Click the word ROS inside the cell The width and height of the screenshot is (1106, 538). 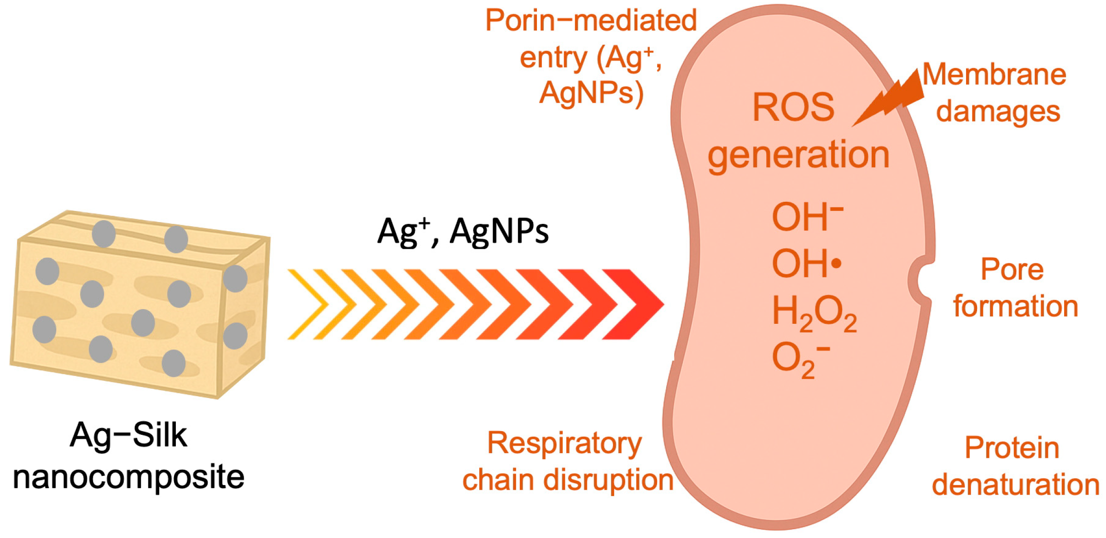click(793, 108)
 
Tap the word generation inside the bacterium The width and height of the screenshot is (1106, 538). click(798, 156)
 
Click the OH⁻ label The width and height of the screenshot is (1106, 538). click(807, 217)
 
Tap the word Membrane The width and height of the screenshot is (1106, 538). click(995, 75)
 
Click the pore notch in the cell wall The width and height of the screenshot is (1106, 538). click(921, 280)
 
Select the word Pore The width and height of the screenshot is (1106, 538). click(1012, 269)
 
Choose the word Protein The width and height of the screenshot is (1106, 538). click(1012, 448)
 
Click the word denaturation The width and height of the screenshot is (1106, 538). click(1016, 485)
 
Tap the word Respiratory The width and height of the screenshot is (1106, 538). click(565, 444)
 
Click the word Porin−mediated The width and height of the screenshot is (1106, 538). click(591, 21)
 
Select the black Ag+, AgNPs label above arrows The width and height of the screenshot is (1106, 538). click(463, 231)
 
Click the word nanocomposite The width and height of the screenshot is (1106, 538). click(129, 477)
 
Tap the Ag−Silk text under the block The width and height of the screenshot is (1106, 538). click(129, 435)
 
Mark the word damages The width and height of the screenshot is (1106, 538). click(998, 112)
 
